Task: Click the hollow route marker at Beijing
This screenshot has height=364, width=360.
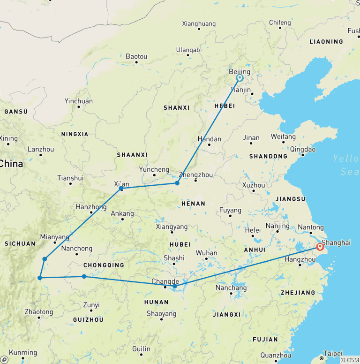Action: click(x=240, y=78)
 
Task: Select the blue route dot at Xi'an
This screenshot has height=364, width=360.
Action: click(x=121, y=189)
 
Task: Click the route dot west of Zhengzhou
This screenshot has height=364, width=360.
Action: click(x=177, y=183)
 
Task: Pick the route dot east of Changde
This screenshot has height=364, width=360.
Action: click(x=175, y=286)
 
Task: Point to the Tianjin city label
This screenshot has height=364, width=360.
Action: click(x=242, y=90)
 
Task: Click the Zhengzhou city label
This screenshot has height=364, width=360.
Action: click(x=196, y=175)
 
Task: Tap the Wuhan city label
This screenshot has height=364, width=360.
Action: click(x=207, y=253)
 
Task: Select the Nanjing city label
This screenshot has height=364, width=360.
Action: click(x=277, y=226)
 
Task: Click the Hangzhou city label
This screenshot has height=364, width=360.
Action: click(x=300, y=259)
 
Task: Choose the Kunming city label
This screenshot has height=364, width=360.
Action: click(x=23, y=352)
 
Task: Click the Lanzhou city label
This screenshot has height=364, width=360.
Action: click(x=41, y=149)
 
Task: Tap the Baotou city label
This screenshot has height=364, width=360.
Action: click(x=136, y=56)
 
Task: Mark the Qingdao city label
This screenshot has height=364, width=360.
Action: click(x=303, y=149)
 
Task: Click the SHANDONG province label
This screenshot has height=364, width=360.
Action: click(x=268, y=156)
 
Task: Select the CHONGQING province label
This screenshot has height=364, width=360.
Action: click(x=104, y=265)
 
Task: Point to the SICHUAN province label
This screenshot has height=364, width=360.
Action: click(x=20, y=243)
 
